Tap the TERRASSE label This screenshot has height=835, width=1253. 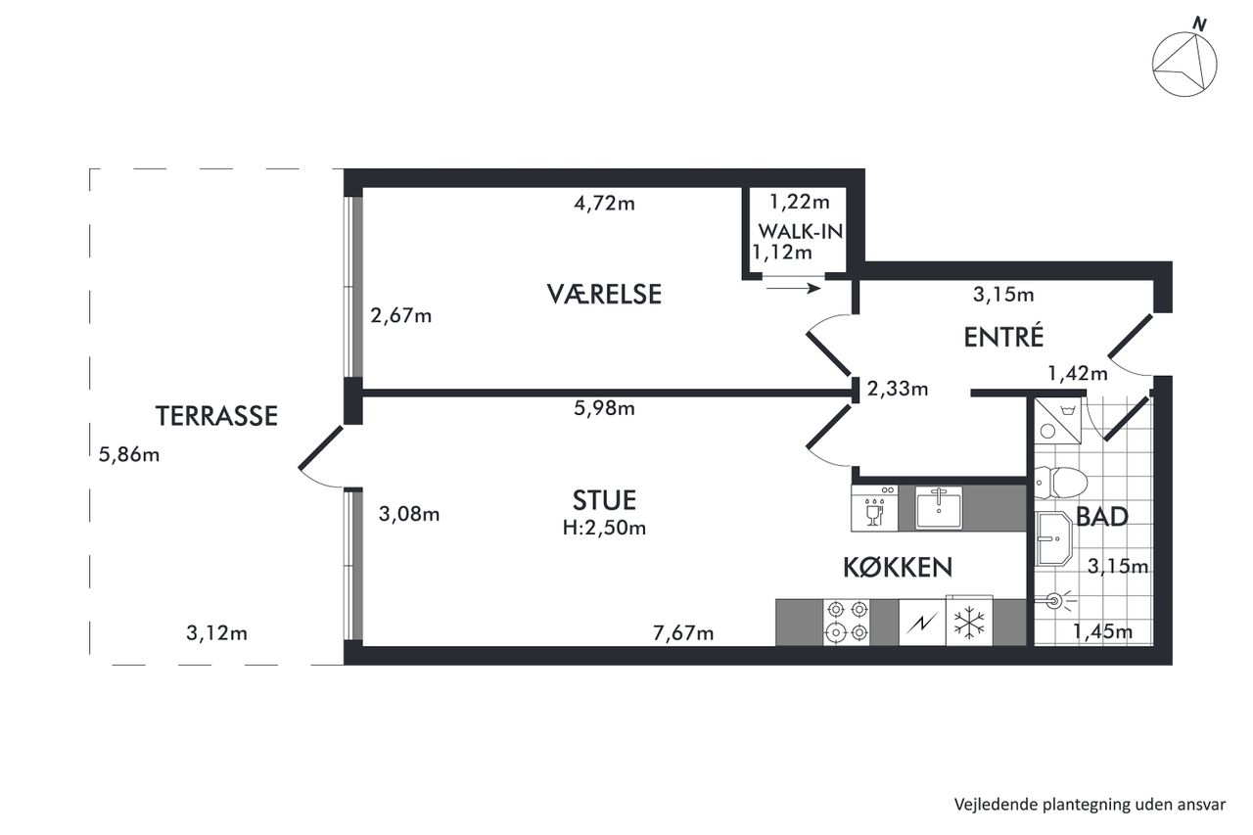point(216,416)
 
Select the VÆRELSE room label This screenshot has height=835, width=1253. point(604,295)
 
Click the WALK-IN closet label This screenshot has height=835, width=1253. point(801,232)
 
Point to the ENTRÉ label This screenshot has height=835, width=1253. point(1003,336)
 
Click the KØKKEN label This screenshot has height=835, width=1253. point(898,568)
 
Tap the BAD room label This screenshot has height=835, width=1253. point(1102,517)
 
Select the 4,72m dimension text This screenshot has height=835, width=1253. point(604,203)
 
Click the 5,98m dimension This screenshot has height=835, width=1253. point(604,408)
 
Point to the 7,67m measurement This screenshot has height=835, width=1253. point(683,633)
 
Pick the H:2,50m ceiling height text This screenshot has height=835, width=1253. point(604,528)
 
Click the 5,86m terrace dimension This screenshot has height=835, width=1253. point(129,454)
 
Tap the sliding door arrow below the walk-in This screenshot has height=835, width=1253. point(793,289)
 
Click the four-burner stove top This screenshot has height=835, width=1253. point(847,622)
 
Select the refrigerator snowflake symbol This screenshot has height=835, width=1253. point(969,623)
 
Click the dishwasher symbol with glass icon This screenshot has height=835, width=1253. point(874,508)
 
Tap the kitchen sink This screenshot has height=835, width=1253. point(939,508)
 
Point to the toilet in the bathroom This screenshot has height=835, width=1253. point(1060,482)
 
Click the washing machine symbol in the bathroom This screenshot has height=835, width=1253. point(1058,421)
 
